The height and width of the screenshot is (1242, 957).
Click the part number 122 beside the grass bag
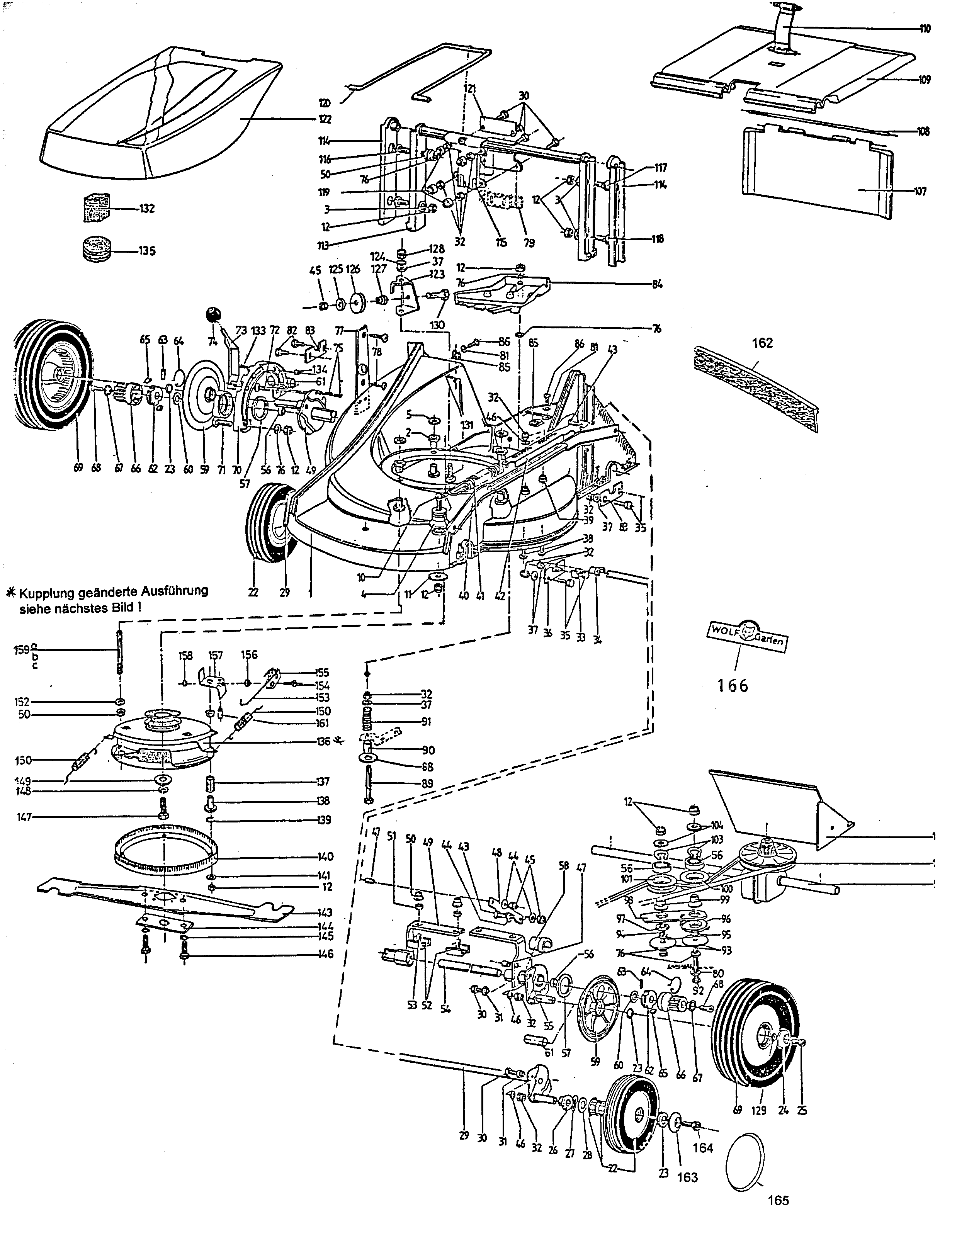pos(325,119)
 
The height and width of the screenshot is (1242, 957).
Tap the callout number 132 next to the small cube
pos(147,209)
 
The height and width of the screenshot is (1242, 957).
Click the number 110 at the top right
pos(925,29)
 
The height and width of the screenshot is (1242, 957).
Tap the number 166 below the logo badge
pos(733,686)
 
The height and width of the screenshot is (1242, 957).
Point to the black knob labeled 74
pos(212,313)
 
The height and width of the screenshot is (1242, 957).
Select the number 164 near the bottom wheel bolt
pos(703,1148)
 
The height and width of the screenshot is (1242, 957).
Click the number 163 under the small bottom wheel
pos(687,1177)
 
